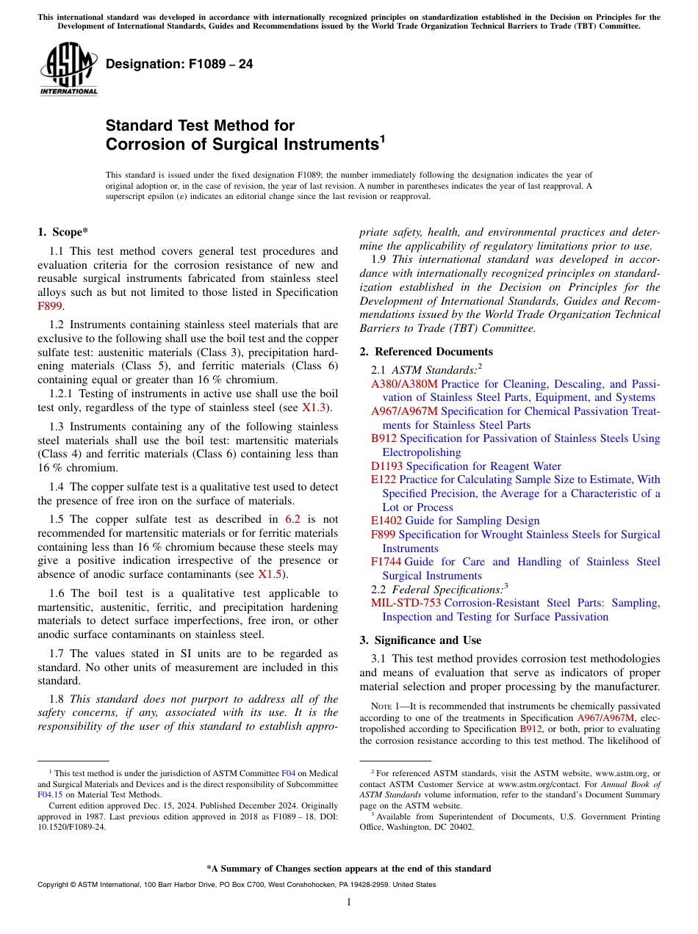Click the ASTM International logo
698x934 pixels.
[68, 69]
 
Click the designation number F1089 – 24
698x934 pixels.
[179, 65]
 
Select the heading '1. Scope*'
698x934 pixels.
[62, 232]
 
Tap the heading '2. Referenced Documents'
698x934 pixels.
[426, 352]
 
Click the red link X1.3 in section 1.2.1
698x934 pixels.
[316, 408]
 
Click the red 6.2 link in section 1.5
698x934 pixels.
[292, 519]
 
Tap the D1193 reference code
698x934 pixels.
[386, 466]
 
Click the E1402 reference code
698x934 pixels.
[386, 521]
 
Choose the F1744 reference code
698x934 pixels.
[386, 562]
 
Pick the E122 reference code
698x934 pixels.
[384, 479]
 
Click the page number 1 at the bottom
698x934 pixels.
[349, 902]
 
